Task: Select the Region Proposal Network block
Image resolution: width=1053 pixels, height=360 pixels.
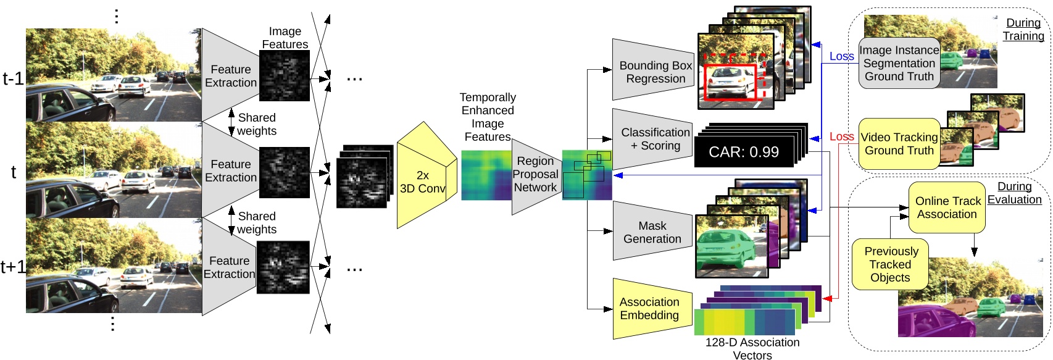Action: [535, 175]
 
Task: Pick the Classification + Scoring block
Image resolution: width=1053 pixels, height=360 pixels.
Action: [654, 139]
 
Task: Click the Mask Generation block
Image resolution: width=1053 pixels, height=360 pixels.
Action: [652, 232]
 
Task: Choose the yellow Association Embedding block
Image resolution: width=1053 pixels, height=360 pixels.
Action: [650, 308]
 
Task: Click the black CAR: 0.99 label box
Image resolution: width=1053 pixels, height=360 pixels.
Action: [743, 152]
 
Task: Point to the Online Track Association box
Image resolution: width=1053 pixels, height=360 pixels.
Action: [947, 207]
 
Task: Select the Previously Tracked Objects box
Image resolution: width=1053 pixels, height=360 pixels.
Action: [890, 264]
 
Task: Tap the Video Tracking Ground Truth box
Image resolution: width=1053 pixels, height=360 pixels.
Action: [899, 144]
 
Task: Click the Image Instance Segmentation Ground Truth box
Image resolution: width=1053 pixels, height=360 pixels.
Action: [899, 63]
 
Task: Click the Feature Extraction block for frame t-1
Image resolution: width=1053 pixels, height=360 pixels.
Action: [231, 76]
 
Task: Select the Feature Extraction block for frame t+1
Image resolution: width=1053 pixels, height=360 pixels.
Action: [229, 267]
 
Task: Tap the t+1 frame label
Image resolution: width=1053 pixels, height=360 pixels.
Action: [13, 267]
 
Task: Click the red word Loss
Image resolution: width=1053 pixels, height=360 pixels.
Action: [841, 136]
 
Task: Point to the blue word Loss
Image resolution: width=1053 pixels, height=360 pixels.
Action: [841, 56]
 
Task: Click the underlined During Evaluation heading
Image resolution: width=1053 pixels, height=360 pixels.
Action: [1014, 193]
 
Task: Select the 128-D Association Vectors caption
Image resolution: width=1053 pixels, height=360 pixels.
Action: [752, 348]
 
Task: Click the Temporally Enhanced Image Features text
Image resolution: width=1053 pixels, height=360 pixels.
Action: [487, 117]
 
